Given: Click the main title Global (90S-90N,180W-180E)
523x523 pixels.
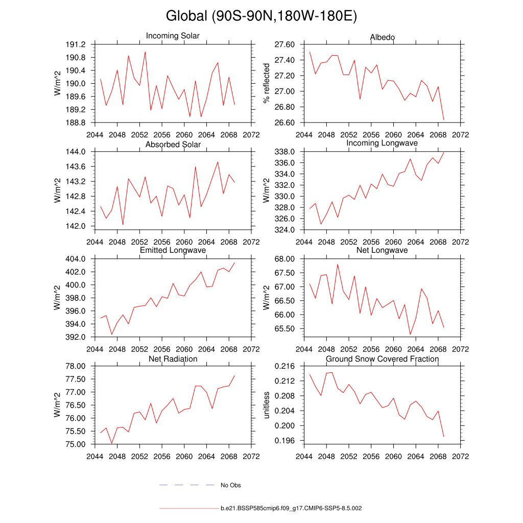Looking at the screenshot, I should click(261, 16).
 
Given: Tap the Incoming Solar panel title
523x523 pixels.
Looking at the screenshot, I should click(173, 36).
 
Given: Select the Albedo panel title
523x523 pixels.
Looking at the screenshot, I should click(382, 37).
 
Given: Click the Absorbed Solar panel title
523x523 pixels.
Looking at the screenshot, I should click(173, 145).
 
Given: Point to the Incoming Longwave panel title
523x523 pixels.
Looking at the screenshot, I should click(382, 143).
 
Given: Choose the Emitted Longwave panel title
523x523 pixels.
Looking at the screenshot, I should click(173, 250).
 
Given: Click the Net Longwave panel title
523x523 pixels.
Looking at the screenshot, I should click(382, 250).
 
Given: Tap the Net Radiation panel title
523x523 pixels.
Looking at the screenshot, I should click(173, 359).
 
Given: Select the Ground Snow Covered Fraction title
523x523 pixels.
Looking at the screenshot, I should click(382, 359).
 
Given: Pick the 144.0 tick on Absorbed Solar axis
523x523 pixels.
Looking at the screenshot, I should click(77, 152).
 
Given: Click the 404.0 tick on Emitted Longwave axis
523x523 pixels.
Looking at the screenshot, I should click(77, 259).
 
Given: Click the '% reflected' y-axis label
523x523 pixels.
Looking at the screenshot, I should click(266, 83).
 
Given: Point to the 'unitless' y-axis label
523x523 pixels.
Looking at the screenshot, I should click(266, 405).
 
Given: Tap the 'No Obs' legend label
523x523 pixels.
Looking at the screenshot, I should click(230, 485).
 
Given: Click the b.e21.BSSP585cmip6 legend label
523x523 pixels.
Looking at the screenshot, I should click(291, 509).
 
